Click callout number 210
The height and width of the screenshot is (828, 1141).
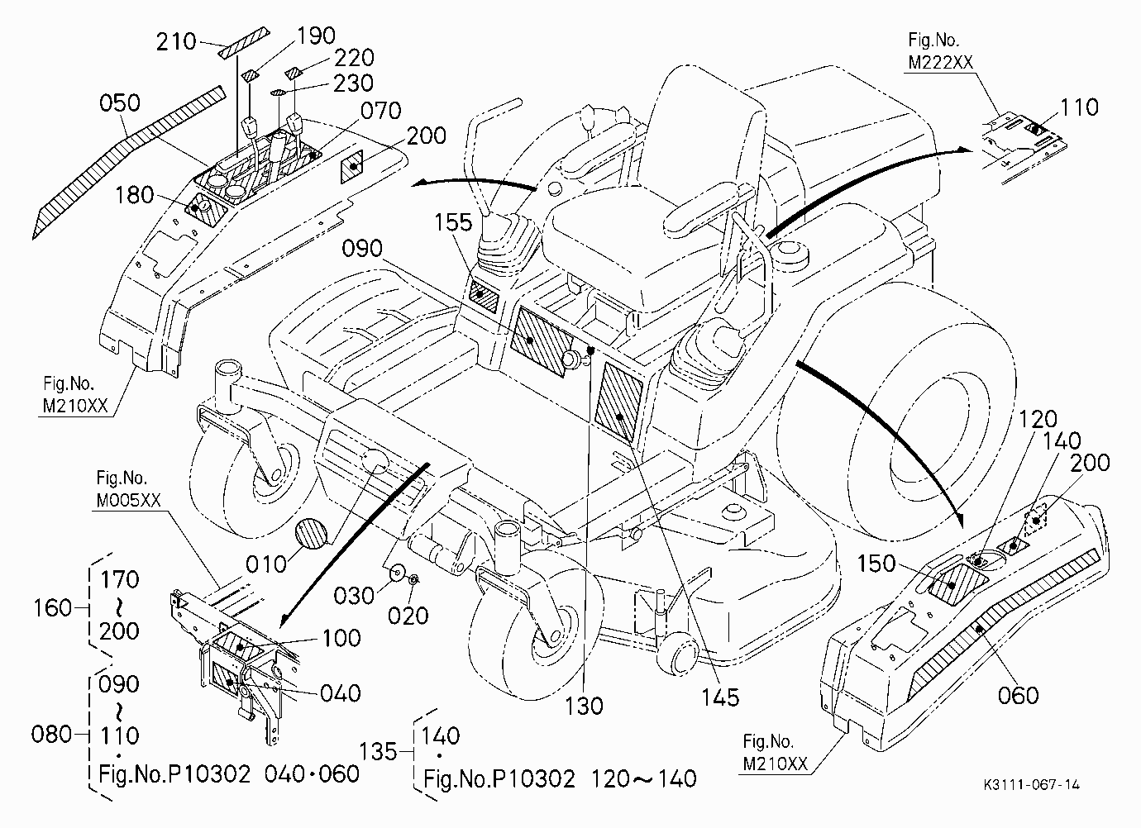176,42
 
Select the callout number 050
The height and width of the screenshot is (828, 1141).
120,102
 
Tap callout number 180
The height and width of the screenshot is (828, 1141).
135,195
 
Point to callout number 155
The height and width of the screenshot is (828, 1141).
453,222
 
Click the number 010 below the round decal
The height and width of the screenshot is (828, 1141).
266,564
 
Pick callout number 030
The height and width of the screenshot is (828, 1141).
354,595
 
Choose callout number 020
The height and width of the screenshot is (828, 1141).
408,616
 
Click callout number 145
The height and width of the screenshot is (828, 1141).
720,697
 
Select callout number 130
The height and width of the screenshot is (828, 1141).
584,706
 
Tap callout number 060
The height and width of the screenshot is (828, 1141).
1018,695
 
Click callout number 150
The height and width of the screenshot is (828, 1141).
876,564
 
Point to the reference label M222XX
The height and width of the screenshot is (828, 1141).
940,63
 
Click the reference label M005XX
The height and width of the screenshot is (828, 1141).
128,500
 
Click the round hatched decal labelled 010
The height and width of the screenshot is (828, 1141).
311,533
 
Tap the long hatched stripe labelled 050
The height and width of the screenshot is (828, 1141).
127,162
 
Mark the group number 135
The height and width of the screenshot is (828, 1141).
378,752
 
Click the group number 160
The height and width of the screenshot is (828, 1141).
52,608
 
